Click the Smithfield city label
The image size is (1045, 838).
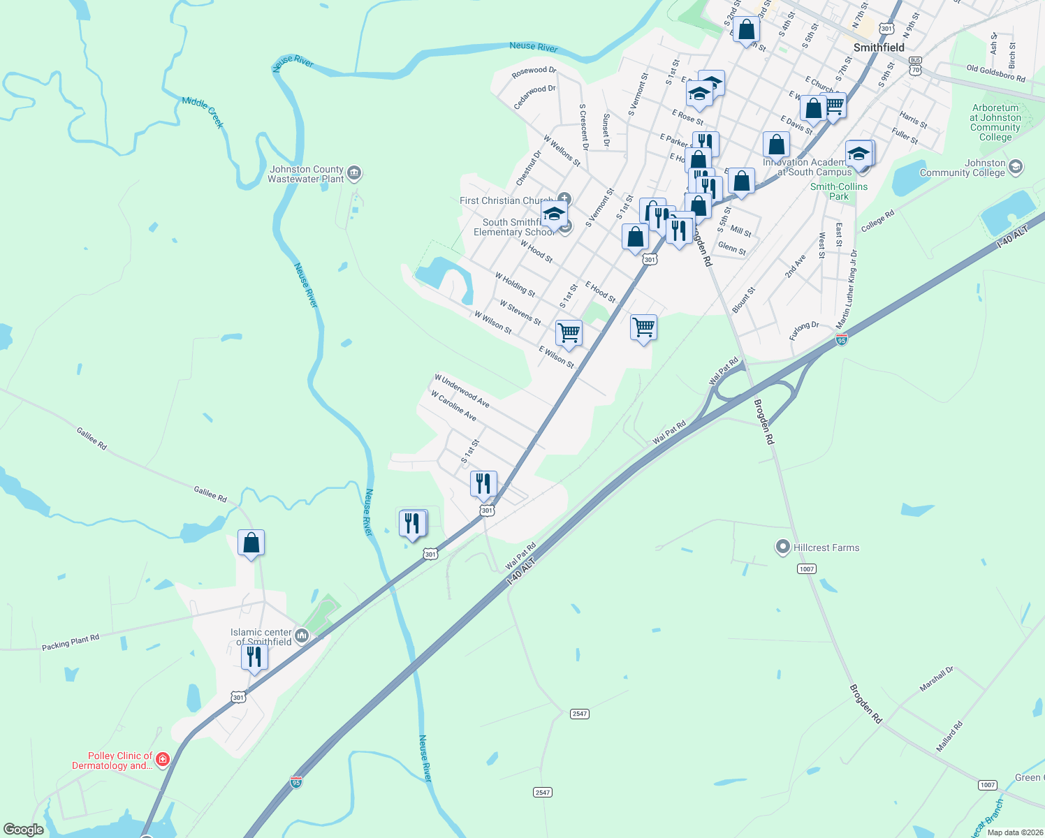[879, 47]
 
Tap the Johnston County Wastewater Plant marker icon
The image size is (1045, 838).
[354, 172]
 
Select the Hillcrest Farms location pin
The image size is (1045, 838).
[783, 547]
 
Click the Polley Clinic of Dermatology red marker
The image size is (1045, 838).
[163, 759]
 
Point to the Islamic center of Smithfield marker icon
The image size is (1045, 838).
[302, 635]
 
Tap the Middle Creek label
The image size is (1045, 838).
[203, 112]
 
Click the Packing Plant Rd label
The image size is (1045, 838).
[71, 642]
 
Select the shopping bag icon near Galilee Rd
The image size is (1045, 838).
[251, 543]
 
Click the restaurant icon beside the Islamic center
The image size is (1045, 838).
[254, 657]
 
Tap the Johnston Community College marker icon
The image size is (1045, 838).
[1016, 167]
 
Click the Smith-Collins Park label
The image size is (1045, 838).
[839, 191]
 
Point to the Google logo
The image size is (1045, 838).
[24, 830]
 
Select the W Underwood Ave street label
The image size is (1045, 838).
[462, 390]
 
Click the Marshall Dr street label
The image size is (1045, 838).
[936, 679]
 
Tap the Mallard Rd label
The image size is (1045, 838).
[949, 736]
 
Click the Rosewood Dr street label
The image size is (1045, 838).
[534, 71]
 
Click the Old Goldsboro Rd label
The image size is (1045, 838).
[995, 73]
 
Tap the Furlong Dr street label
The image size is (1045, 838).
[804, 330]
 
